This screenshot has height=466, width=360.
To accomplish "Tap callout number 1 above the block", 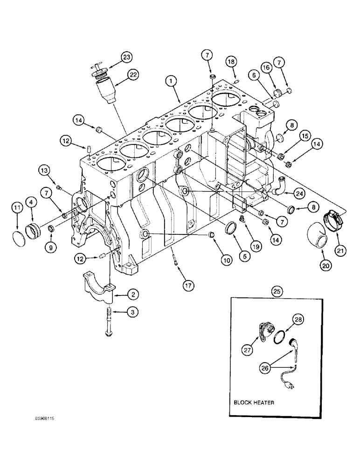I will coord(173,81).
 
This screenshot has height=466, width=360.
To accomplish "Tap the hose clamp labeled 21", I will coord(330,217).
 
